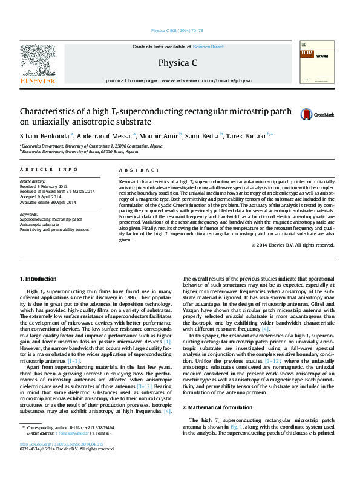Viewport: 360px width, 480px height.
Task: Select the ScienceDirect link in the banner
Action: point(208,47)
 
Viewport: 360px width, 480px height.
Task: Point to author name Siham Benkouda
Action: point(45,135)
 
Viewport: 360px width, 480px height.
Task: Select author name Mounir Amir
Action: point(162,135)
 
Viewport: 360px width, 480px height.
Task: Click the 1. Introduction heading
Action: point(39,278)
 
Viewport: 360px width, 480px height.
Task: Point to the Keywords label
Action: point(30,214)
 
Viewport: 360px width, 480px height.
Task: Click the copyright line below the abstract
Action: point(284,245)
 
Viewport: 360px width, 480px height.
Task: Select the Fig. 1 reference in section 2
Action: point(235,426)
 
